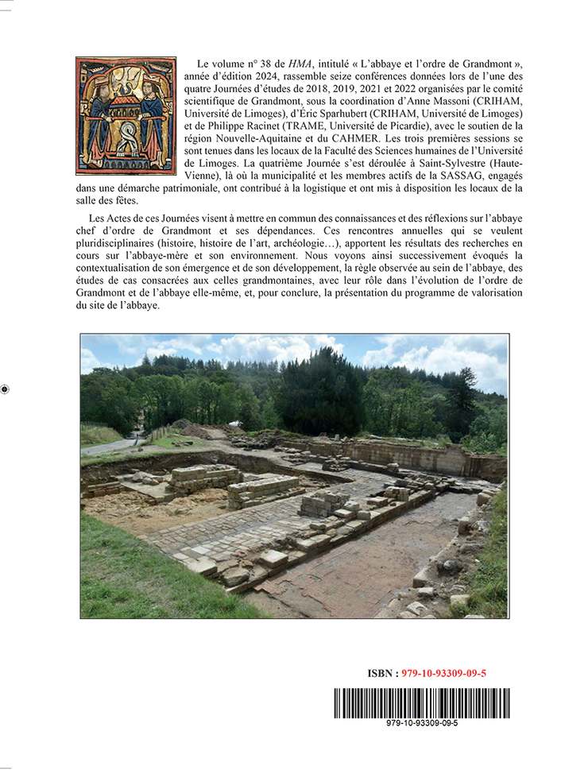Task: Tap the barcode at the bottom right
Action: click(421, 702)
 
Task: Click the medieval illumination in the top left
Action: click(126, 115)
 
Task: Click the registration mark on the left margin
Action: click(6, 389)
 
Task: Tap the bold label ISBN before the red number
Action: click(384, 673)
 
